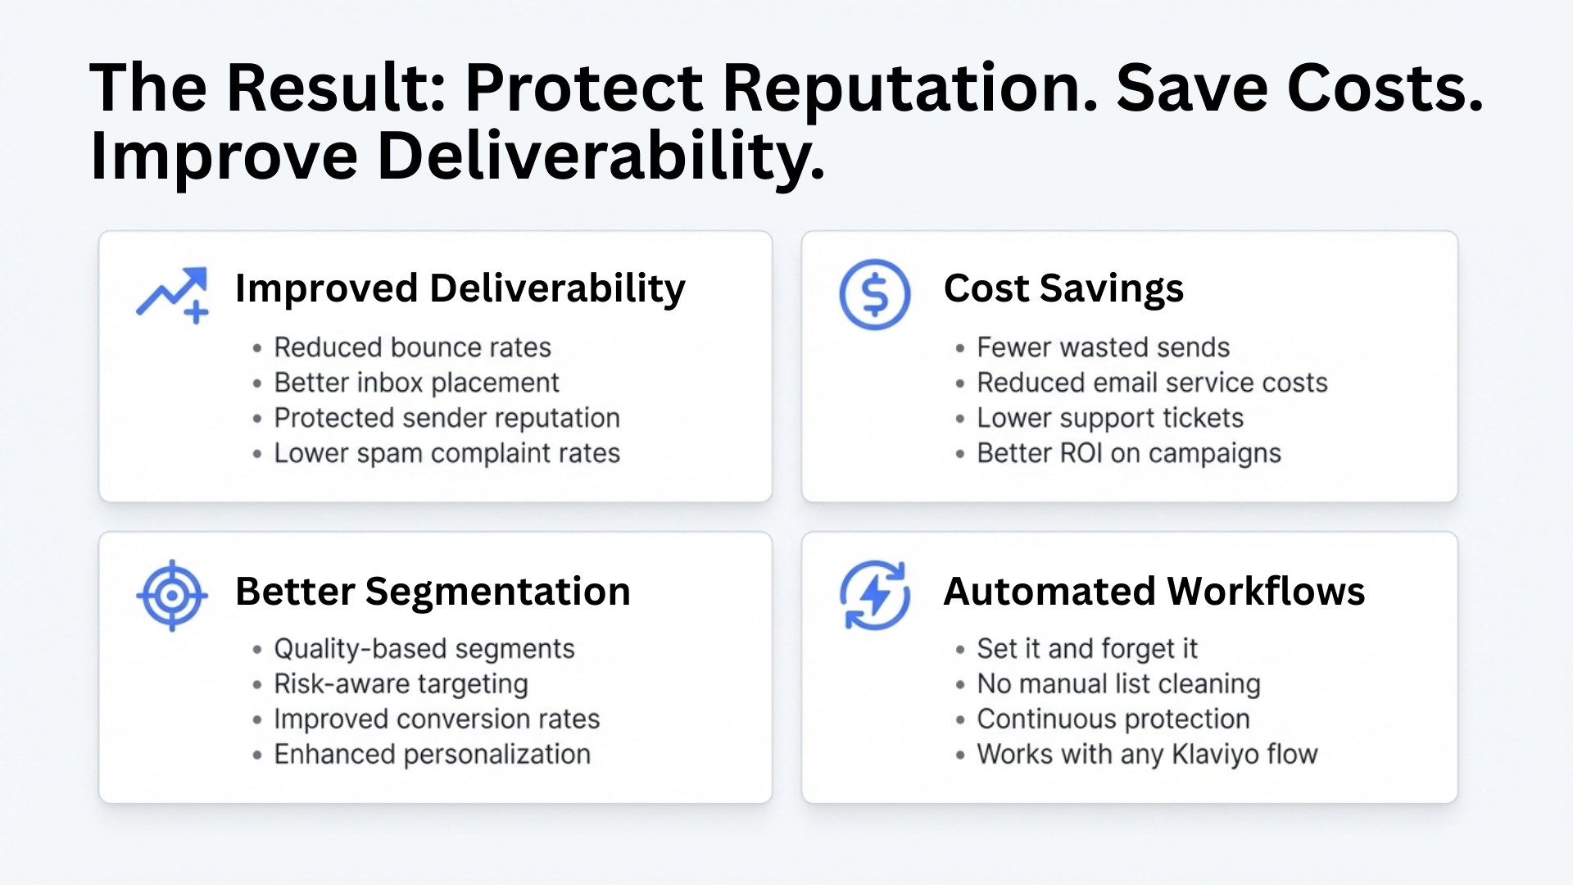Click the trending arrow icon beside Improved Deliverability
point(172,295)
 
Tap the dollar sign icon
point(875,295)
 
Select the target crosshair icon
point(172,596)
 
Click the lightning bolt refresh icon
point(875,596)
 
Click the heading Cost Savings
point(1063,288)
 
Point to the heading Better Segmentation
point(433,592)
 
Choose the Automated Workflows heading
point(1154,592)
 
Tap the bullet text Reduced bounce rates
point(412,347)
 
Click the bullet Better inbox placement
point(416,383)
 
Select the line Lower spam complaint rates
point(447,453)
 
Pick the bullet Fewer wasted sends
point(1103,347)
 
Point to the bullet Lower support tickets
point(1110,418)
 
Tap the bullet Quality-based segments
point(424,649)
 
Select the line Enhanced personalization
point(432,755)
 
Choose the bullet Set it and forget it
point(1086,649)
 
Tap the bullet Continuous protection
point(1113,719)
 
